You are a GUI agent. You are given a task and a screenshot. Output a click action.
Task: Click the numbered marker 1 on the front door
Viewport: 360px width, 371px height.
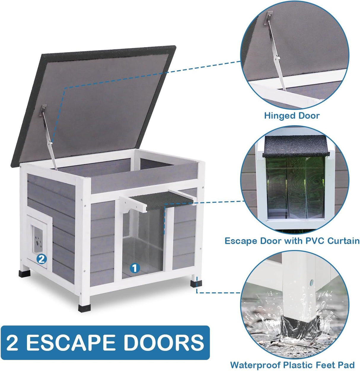coord(135,268)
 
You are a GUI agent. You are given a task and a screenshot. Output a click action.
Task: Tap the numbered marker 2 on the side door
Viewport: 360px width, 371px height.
coord(42,259)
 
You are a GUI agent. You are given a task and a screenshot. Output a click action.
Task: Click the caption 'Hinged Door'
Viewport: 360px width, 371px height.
coord(292,115)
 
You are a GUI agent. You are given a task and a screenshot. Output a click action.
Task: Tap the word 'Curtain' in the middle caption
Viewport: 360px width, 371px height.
coord(343,241)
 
